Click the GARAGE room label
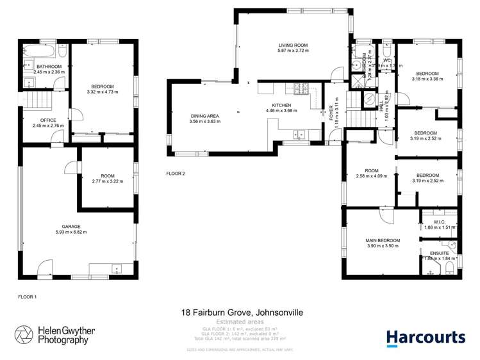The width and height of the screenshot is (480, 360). pyautogui.click(x=70, y=226)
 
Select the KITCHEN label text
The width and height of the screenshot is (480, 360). pyautogui.click(x=281, y=105)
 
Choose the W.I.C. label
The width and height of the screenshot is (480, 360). pyautogui.click(x=440, y=222)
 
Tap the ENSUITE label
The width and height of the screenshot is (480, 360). pyautogui.click(x=440, y=253)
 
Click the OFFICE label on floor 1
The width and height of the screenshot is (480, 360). pyautogui.click(x=49, y=120)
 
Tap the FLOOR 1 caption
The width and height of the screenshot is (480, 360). pyautogui.click(x=28, y=297)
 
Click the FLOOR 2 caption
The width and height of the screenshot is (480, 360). pyautogui.click(x=175, y=174)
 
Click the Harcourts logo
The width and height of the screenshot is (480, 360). pyautogui.click(x=426, y=338)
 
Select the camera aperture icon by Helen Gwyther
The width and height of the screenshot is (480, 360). pyautogui.click(x=25, y=336)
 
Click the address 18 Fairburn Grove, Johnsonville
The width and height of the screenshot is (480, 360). pyautogui.click(x=242, y=313)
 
